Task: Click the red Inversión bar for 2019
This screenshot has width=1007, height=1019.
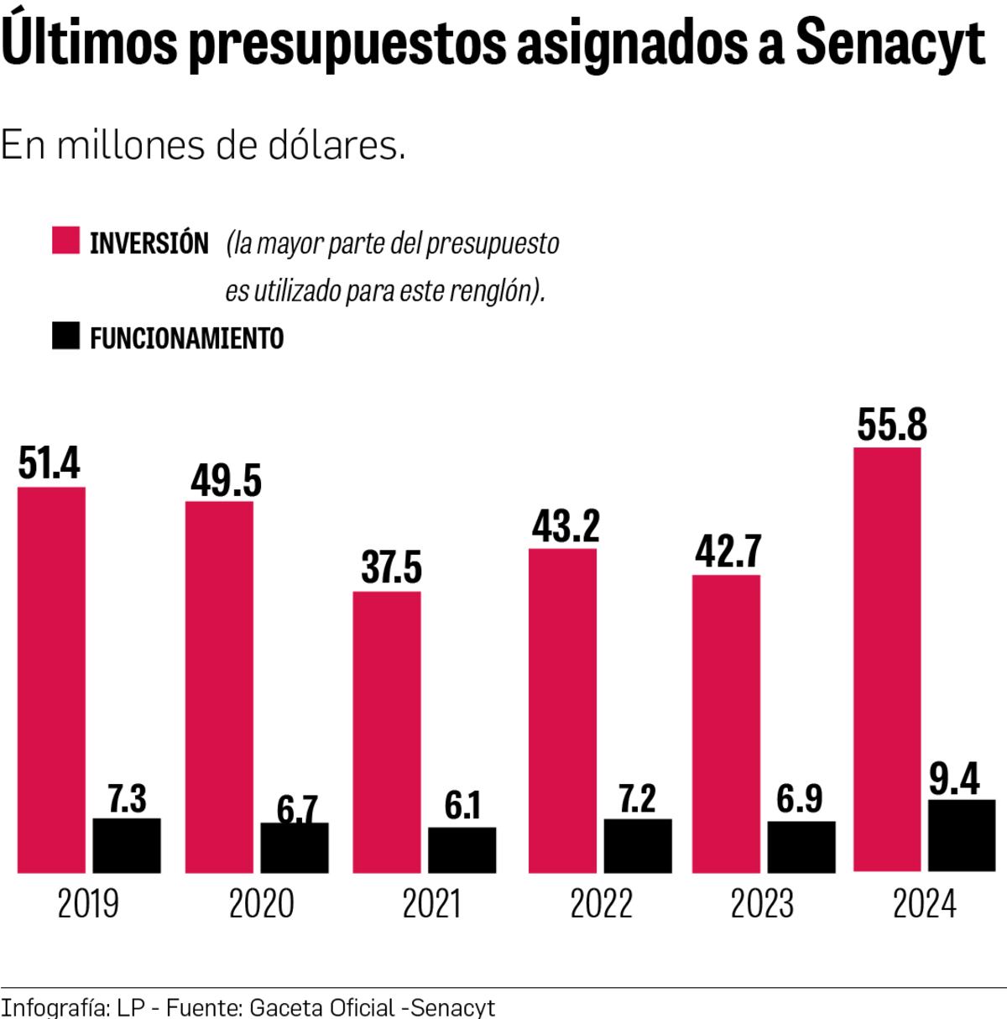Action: (x=51, y=679)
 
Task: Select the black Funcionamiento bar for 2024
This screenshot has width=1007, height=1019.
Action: (x=962, y=836)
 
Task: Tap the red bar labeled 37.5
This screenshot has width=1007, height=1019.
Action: (x=387, y=732)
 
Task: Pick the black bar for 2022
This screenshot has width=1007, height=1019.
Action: (x=638, y=845)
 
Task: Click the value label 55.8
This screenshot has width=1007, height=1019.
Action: (x=892, y=424)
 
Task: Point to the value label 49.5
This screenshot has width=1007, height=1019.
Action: (x=226, y=480)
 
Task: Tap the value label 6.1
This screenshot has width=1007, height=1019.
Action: (x=462, y=805)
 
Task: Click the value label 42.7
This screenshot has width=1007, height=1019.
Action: (x=728, y=551)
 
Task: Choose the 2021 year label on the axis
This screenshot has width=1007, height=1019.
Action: (x=431, y=904)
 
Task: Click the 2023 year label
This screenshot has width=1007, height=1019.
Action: (x=762, y=904)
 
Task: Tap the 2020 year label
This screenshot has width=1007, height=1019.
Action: (x=262, y=904)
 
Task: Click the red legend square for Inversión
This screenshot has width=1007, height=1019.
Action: (x=65, y=240)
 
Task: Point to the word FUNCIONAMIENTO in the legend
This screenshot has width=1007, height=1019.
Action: (x=186, y=338)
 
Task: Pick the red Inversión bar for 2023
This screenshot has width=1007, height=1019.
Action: (x=727, y=724)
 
